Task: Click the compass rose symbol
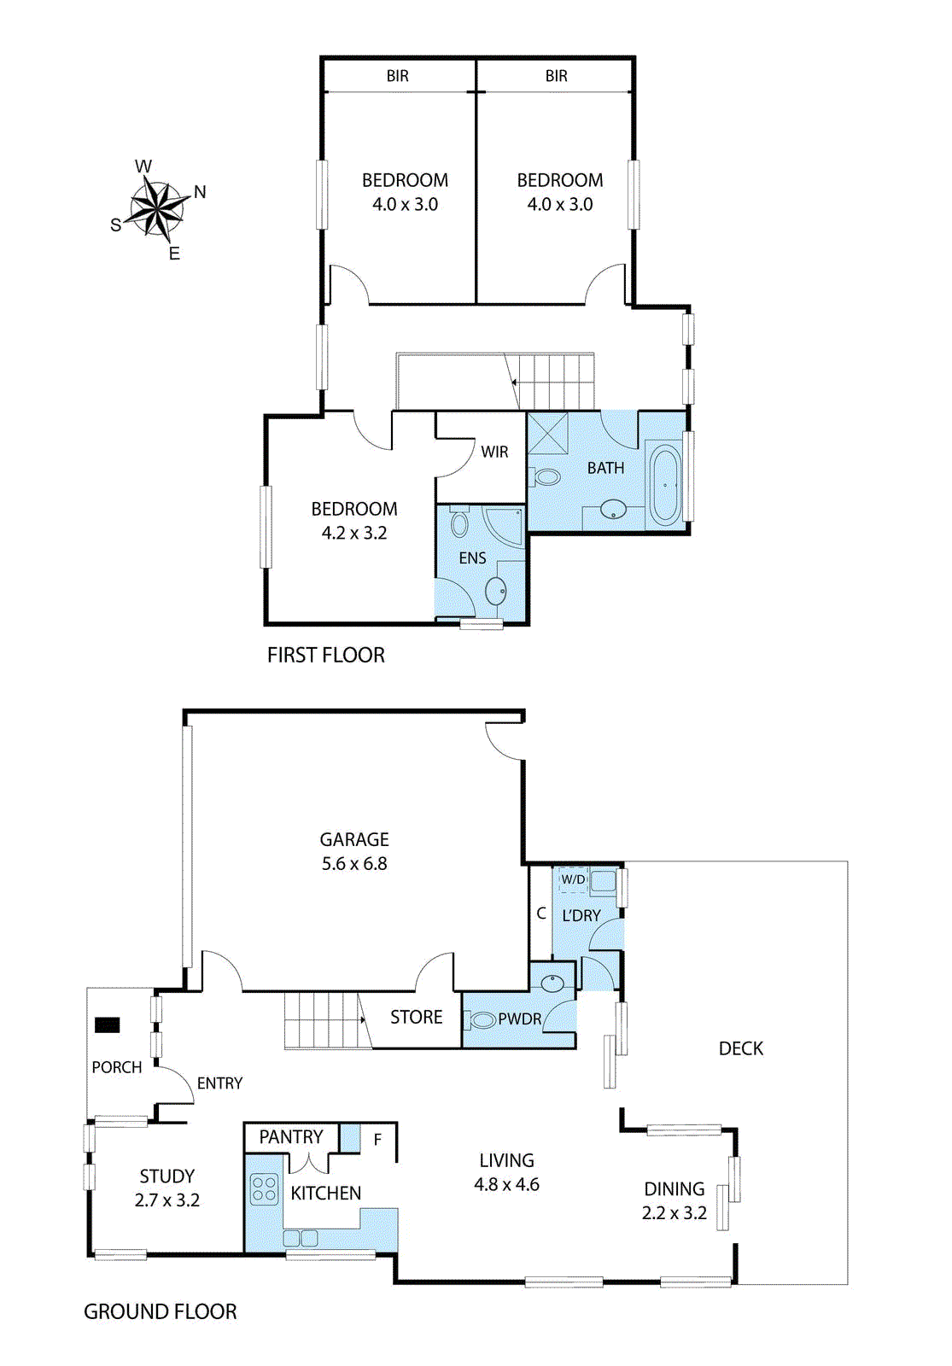tap(157, 208)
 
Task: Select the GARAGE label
tap(354, 840)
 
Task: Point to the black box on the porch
tap(108, 1024)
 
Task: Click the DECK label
tap(741, 1048)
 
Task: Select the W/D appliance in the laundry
tap(573, 879)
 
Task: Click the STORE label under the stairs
tap(417, 1017)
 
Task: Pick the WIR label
tap(494, 452)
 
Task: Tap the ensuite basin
tap(496, 591)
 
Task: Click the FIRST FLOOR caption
tap(326, 655)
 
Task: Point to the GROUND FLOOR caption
tap(161, 1311)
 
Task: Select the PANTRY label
tap(291, 1136)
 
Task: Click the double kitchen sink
tap(301, 1238)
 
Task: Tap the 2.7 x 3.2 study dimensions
tap(167, 1200)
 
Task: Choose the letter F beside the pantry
tap(377, 1139)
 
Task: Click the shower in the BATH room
tap(547, 434)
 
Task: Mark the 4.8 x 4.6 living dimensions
tap(507, 1184)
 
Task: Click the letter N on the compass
tap(200, 192)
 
